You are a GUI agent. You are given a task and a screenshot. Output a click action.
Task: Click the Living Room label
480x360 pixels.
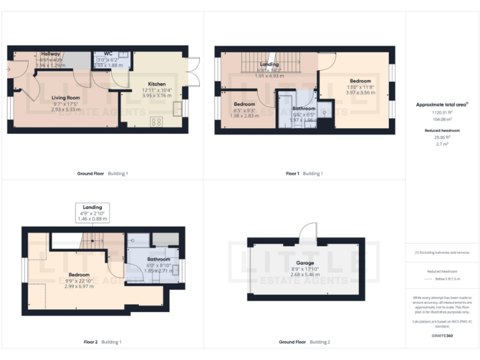(66, 97)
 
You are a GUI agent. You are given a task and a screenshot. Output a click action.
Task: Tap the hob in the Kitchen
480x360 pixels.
(156, 121)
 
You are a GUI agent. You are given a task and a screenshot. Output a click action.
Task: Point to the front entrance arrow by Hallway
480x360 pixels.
(9, 69)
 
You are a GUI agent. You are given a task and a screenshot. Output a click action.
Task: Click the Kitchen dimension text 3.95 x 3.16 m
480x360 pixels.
(157, 96)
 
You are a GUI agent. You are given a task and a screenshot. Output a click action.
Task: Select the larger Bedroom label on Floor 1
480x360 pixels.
(360, 81)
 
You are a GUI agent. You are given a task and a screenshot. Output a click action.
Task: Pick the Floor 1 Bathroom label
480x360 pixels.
(304, 108)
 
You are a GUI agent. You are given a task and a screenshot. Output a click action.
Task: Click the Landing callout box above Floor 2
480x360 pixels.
(92, 212)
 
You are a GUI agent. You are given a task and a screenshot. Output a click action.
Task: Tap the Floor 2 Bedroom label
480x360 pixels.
(79, 274)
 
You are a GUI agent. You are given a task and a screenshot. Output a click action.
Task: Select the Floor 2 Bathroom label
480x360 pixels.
(159, 259)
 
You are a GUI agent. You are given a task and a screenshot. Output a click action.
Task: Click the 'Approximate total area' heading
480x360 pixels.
(442, 105)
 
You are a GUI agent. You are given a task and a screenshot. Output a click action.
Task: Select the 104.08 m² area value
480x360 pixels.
(442, 118)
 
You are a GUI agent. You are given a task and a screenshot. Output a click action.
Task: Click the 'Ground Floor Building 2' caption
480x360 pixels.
(304, 342)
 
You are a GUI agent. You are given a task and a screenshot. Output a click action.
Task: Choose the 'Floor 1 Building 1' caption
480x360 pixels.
(304, 173)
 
